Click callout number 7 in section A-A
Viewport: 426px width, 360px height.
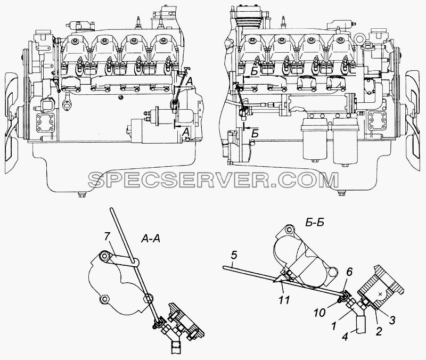pyautogui.click(x=107, y=237)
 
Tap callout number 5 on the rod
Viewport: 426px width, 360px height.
pyautogui.click(x=234, y=256)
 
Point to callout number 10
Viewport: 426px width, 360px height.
pyautogui.click(x=320, y=313)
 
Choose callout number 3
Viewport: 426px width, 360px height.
pyautogui.click(x=392, y=321)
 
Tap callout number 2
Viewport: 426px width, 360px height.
pyautogui.click(x=379, y=331)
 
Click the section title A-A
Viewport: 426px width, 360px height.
pyautogui.click(x=151, y=239)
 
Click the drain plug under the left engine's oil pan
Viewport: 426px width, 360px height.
pyautogui.click(x=81, y=194)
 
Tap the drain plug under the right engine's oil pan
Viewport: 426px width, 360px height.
pyautogui.click(x=341, y=193)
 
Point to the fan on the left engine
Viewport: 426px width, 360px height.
pyautogui.click(x=11, y=117)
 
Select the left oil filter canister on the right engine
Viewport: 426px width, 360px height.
pyautogui.click(x=315, y=141)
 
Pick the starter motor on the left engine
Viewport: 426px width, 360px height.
pyautogui.click(x=160, y=128)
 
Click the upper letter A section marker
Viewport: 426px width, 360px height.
pyautogui.click(x=190, y=81)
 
